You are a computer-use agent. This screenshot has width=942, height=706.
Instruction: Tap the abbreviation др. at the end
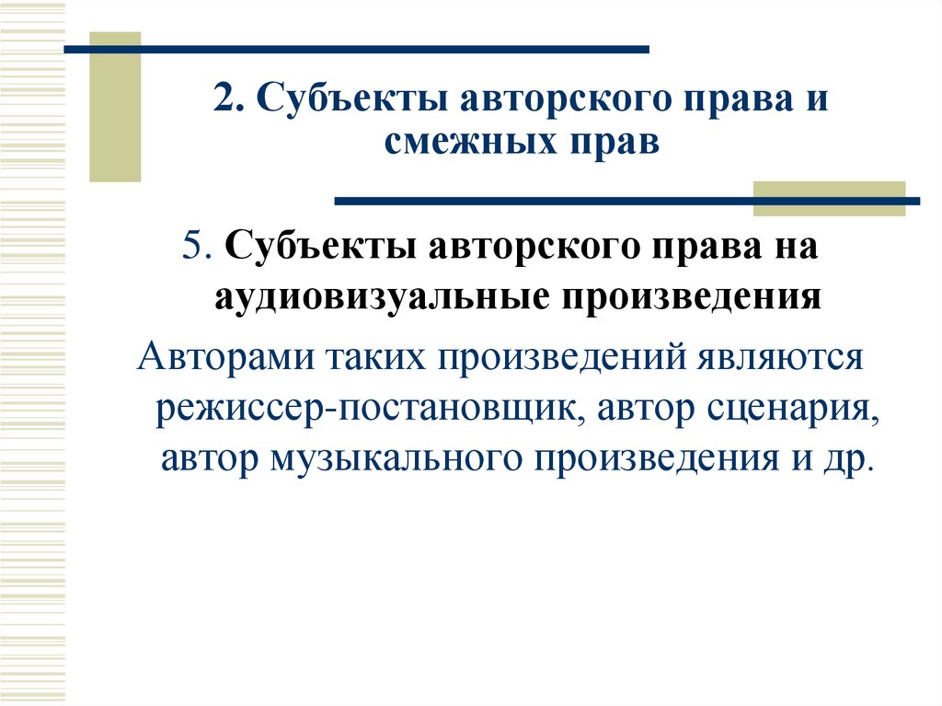pyautogui.click(x=848, y=458)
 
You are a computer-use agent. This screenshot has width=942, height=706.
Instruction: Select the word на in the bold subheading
pyautogui.click(x=798, y=249)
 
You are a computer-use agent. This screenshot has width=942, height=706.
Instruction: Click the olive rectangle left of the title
pyautogui.click(x=115, y=106)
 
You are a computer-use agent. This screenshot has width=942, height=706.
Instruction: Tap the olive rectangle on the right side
pyautogui.click(x=829, y=198)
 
